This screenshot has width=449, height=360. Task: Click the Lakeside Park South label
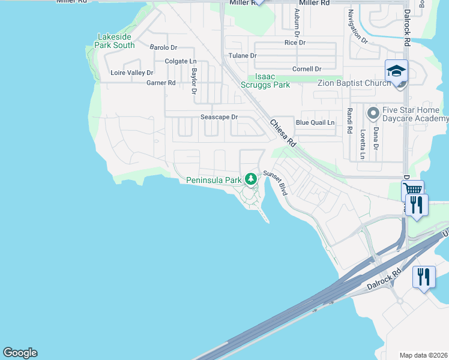pos(116,41)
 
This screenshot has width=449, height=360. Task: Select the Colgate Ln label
pos(181,61)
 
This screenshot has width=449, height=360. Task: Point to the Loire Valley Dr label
pos(132,73)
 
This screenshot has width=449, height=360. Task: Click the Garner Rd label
pos(161,83)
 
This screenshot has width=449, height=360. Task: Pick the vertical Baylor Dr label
pos(194,81)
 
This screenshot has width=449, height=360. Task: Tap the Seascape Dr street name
pos(219,117)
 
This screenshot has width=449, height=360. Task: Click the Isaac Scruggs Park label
pos(273,81)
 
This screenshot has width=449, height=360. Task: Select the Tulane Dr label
pos(243,56)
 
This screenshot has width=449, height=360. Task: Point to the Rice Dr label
pos(295,43)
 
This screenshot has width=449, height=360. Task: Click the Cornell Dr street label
pos(307,69)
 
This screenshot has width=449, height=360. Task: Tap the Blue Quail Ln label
pos(315,122)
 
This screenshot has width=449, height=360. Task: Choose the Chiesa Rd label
pos(283,133)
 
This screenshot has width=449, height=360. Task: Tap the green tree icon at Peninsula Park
pos(250,178)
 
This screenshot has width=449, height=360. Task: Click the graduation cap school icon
pos(396,71)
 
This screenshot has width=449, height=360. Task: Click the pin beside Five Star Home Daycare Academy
pos(373,112)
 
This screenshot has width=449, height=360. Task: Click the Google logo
pos(20,353)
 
